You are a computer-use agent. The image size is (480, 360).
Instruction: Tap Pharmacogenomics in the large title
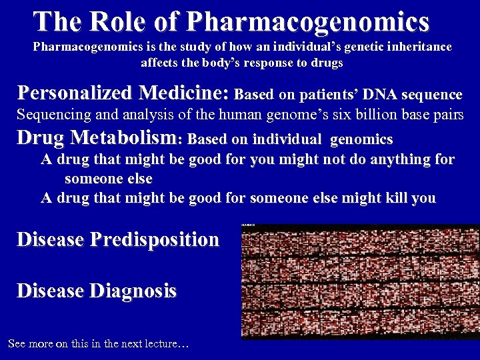pos(308,21)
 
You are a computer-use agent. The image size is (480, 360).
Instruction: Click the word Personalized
pos(74,92)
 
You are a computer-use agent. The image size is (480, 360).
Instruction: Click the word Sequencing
pos(54,115)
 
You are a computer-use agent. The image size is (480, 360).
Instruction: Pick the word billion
pos(372,115)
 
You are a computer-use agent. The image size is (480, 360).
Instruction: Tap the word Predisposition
pos(156,239)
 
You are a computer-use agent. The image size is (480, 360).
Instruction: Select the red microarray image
pos(360,281)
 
